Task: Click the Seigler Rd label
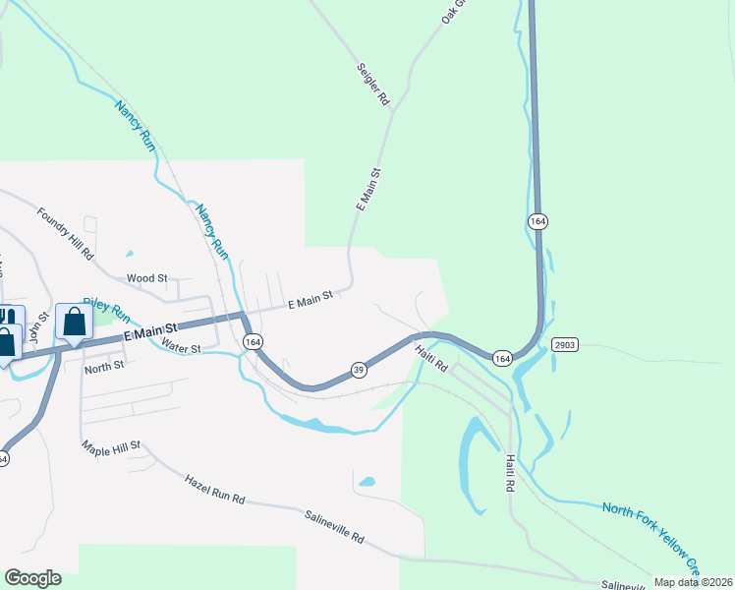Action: tap(372, 85)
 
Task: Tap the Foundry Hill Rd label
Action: tap(65, 232)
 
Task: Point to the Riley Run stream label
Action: tap(106, 311)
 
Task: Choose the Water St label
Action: tap(181, 348)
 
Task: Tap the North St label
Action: tap(104, 366)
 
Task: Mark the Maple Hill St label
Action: tap(112, 445)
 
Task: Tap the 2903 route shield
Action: tap(564, 345)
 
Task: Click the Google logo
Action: tap(32, 578)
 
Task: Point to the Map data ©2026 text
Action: tap(693, 582)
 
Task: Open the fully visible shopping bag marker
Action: tap(75, 322)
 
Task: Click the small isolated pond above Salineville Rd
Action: tap(367, 482)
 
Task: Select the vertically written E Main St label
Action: tap(368, 188)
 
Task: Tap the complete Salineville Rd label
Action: tap(334, 527)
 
